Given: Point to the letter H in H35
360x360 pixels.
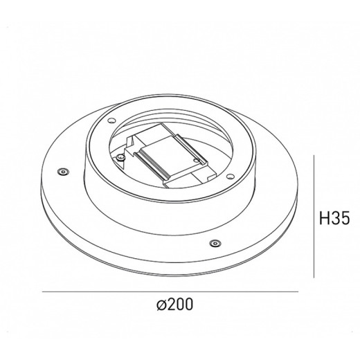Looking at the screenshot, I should [x=324, y=219].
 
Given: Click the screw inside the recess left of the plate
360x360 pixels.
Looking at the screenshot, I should [x=121, y=158].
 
